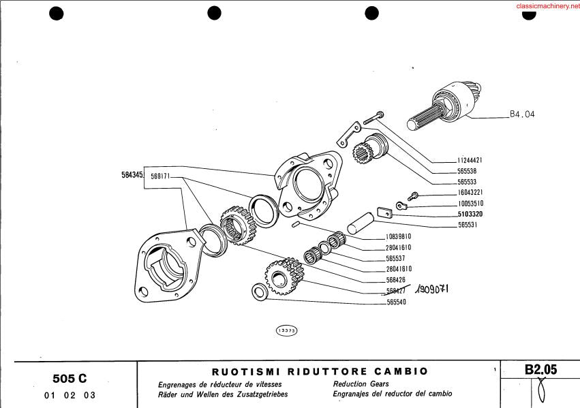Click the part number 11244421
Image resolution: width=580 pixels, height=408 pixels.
click(470, 160)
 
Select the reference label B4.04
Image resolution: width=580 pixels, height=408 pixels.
click(522, 114)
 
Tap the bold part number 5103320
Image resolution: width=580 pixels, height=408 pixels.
click(470, 214)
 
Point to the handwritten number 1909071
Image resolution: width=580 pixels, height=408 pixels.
click(431, 289)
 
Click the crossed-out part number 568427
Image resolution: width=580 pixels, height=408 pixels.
click(396, 291)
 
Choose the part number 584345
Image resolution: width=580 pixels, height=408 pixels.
click(132, 175)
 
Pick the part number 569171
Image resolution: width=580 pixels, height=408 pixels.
click(160, 176)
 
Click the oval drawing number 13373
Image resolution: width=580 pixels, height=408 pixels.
click(287, 331)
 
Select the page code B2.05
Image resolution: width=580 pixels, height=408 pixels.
click(540, 370)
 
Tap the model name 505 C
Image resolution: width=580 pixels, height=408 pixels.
click(70, 379)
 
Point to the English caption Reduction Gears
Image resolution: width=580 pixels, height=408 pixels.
click(361, 384)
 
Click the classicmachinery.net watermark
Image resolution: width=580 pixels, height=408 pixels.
click(548, 6)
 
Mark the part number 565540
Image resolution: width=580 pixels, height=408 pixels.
click(396, 302)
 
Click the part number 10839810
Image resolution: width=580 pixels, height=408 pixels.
click(399, 236)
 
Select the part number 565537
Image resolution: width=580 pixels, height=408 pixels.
click(395, 258)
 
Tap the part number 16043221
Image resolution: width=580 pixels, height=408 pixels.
click(470, 192)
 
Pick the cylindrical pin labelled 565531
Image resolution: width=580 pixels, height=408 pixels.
click(361, 223)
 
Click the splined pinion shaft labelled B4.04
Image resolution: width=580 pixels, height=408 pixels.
click(444, 106)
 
